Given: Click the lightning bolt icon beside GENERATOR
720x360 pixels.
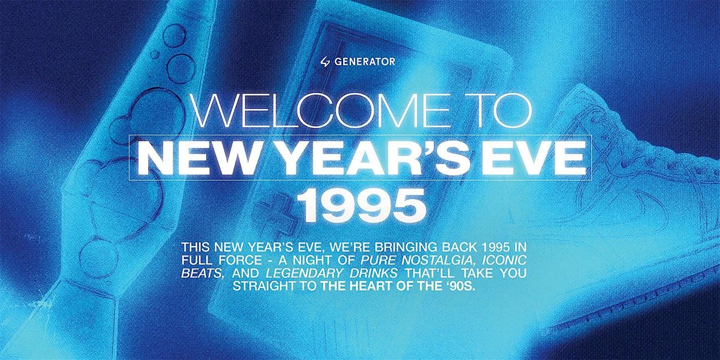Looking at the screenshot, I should [x=326, y=61].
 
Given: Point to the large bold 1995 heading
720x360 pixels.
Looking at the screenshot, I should [x=361, y=203].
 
